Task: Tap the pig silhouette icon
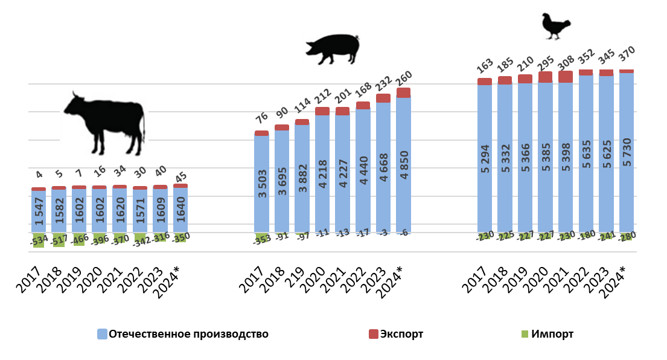click(332, 48)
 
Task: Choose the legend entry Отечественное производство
click(182, 334)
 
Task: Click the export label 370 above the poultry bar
click(626, 59)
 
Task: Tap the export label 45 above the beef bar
click(179, 176)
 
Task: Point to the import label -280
click(627, 236)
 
